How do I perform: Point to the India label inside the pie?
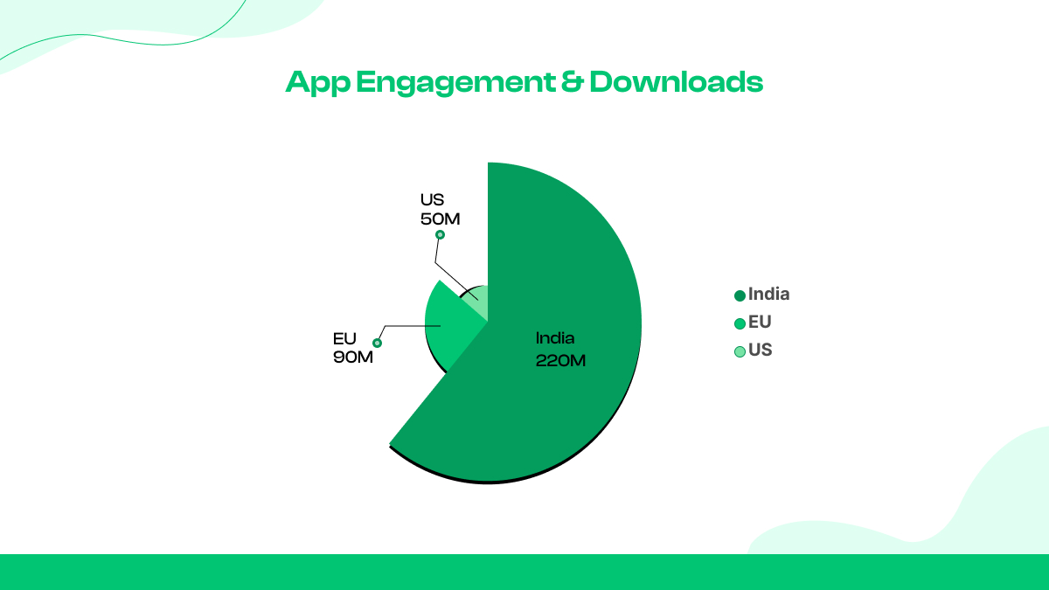[x=556, y=338]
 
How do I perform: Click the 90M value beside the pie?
[x=352, y=357]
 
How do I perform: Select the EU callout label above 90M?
[x=344, y=337]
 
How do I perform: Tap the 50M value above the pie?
[x=440, y=219]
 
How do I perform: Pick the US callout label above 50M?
[x=432, y=200]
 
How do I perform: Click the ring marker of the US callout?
[x=440, y=234]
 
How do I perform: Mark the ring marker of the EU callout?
[x=378, y=343]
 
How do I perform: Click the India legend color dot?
[x=740, y=295]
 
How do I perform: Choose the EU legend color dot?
[x=740, y=323]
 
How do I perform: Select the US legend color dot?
[x=740, y=351]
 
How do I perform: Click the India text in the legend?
[x=768, y=295]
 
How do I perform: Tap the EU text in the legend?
[x=760, y=323]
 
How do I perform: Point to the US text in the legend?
[x=761, y=351]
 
